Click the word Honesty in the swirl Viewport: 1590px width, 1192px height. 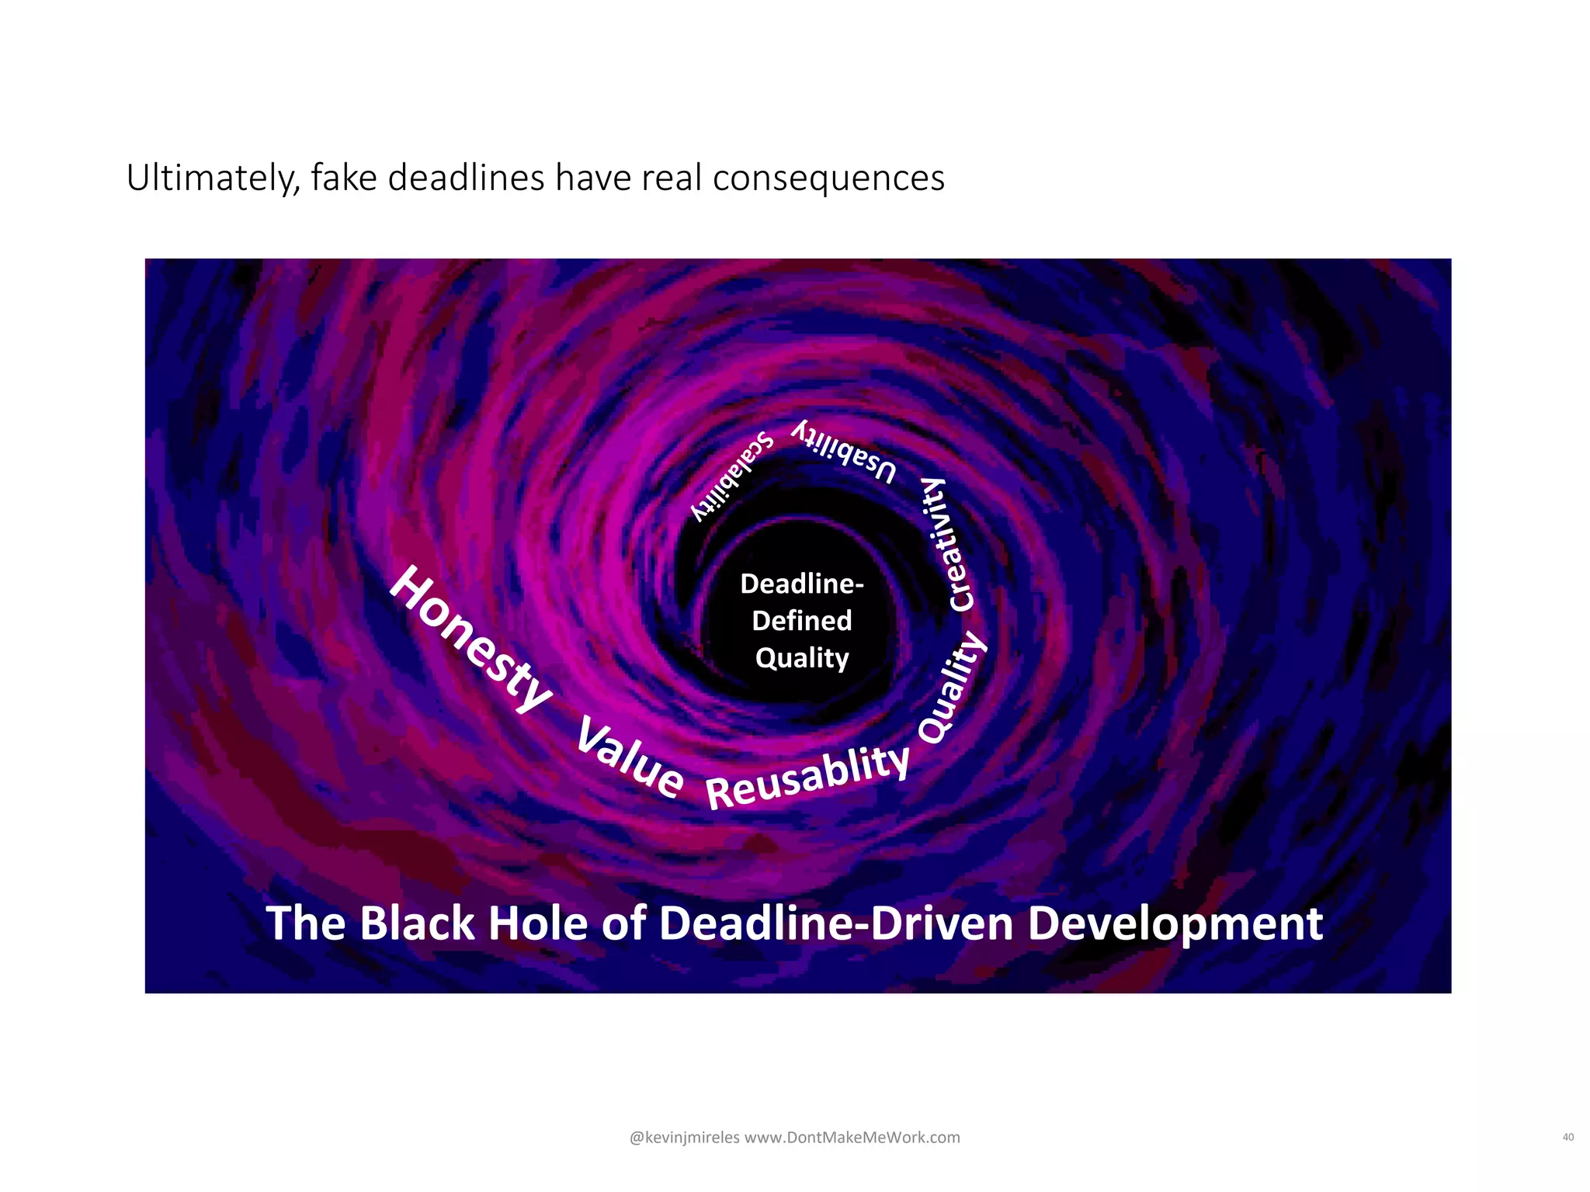[x=470, y=639]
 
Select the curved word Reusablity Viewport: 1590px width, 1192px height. [x=807, y=777]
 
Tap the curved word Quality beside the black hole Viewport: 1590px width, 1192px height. [x=952, y=688]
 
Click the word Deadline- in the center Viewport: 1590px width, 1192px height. [x=802, y=584]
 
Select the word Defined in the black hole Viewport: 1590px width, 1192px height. [x=802, y=621]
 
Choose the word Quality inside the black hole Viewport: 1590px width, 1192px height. [x=802, y=659]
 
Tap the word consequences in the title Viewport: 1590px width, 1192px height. [x=828, y=178]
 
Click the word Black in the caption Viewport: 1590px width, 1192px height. [x=417, y=923]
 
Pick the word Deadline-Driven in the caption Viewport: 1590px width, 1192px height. [x=837, y=923]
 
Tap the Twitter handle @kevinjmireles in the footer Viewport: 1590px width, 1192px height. [x=684, y=1138]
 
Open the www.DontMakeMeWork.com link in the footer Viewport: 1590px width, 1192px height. [x=852, y=1138]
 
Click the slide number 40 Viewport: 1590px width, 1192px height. [x=1567, y=1138]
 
